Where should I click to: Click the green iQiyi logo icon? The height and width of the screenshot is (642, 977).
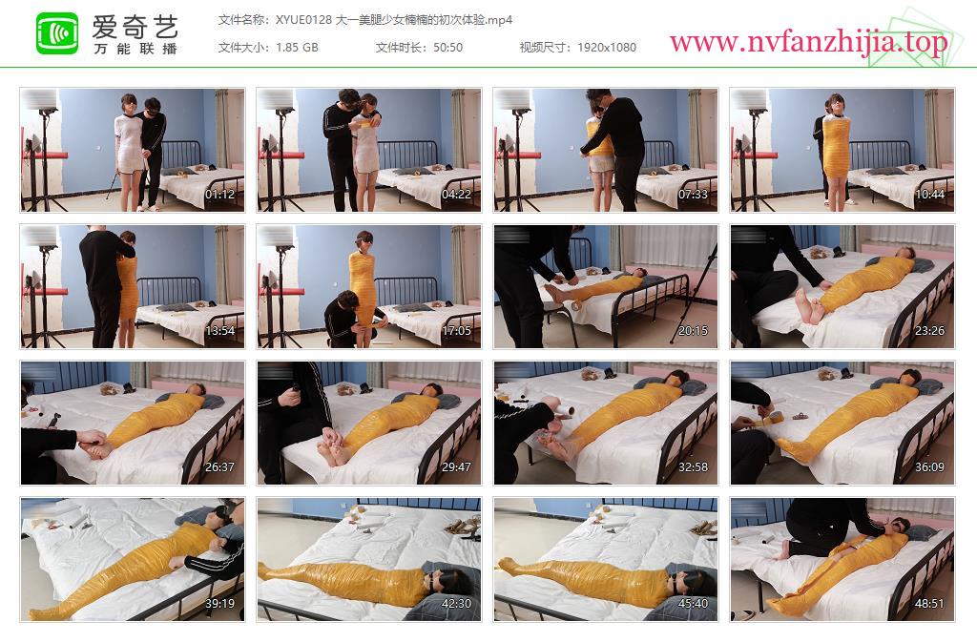tap(57, 33)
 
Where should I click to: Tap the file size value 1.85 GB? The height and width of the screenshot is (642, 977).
tap(298, 48)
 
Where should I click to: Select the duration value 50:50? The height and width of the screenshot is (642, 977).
tap(448, 48)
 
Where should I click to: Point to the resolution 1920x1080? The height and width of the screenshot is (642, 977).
tap(607, 48)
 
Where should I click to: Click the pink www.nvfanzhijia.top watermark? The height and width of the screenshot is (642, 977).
tap(809, 42)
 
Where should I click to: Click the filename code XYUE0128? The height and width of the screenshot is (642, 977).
tap(304, 20)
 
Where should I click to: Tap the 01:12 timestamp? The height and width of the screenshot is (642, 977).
tap(220, 195)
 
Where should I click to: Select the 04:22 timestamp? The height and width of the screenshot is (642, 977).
tap(457, 195)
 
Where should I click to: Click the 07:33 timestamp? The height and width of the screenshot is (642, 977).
tap(694, 195)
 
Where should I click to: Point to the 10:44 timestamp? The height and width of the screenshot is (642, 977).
tap(930, 195)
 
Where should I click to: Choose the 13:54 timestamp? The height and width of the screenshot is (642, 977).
tap(220, 331)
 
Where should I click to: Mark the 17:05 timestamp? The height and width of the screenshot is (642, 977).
tap(457, 331)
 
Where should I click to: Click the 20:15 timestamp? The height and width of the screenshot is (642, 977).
tap(694, 331)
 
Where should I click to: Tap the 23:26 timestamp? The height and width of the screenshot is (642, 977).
tap(930, 331)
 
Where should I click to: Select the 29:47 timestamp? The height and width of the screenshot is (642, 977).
tap(457, 467)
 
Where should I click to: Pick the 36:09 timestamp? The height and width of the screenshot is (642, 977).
tap(930, 467)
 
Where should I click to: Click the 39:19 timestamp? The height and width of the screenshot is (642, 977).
tap(220, 604)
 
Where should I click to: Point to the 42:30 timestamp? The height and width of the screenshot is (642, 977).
tap(457, 604)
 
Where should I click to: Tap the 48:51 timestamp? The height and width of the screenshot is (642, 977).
tap(930, 604)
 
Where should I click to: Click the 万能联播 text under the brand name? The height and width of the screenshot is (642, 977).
tap(135, 49)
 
